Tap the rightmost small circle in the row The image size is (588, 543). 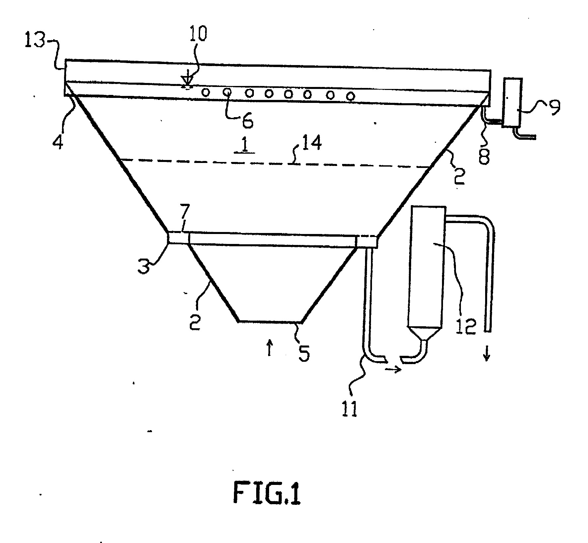point(349,96)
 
